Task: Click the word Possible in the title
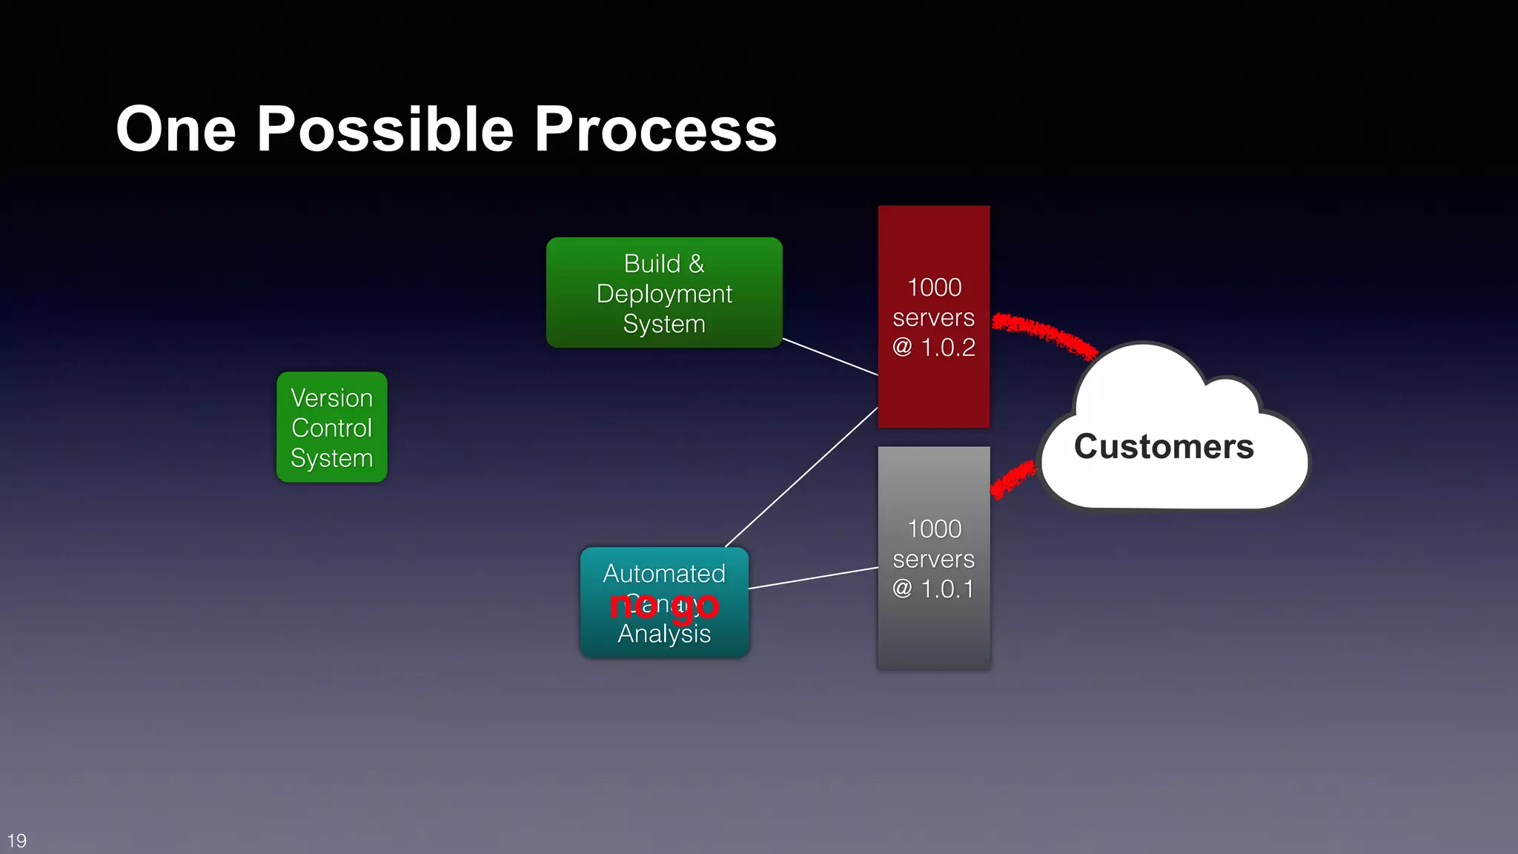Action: pyautogui.click(x=385, y=130)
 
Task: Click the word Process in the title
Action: pyautogui.click(x=655, y=130)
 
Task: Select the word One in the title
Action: pyautogui.click(x=176, y=130)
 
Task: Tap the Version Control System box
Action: pyautogui.click(x=331, y=428)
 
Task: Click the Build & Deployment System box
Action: pyautogui.click(x=663, y=293)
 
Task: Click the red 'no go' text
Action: pyautogui.click(x=663, y=606)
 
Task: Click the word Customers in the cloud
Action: pyautogui.click(x=1163, y=447)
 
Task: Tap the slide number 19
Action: pyautogui.click(x=17, y=841)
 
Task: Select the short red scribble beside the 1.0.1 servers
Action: pyautogui.click(x=1012, y=480)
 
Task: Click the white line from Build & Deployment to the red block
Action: pyautogui.click(x=830, y=357)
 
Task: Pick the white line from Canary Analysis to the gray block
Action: pyautogui.click(x=813, y=578)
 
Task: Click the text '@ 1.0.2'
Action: pyautogui.click(x=933, y=347)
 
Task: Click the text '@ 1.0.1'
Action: pyautogui.click(x=933, y=589)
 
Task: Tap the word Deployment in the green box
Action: pyautogui.click(x=663, y=294)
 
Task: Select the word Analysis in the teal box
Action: pyautogui.click(x=663, y=634)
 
